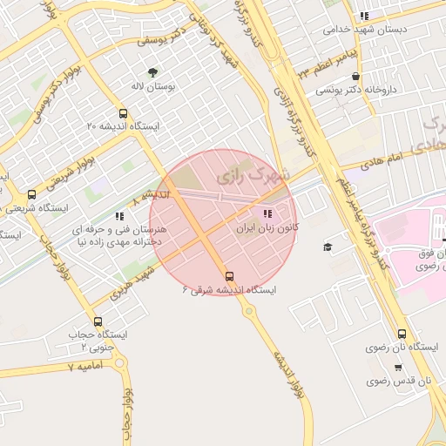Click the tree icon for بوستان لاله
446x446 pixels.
153,72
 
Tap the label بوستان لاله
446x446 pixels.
159,88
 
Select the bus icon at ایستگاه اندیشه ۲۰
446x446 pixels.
123,113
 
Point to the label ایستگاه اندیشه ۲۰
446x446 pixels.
124,127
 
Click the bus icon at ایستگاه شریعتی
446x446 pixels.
32,195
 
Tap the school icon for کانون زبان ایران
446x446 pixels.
266,213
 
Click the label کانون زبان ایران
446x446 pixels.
267,227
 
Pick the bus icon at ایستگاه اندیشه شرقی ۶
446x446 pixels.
229,276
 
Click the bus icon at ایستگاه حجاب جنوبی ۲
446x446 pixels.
97,321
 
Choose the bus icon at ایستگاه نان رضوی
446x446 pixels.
402,334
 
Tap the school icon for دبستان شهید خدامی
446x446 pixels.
364,15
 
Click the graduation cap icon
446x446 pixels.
328,247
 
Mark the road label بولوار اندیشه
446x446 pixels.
287,375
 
